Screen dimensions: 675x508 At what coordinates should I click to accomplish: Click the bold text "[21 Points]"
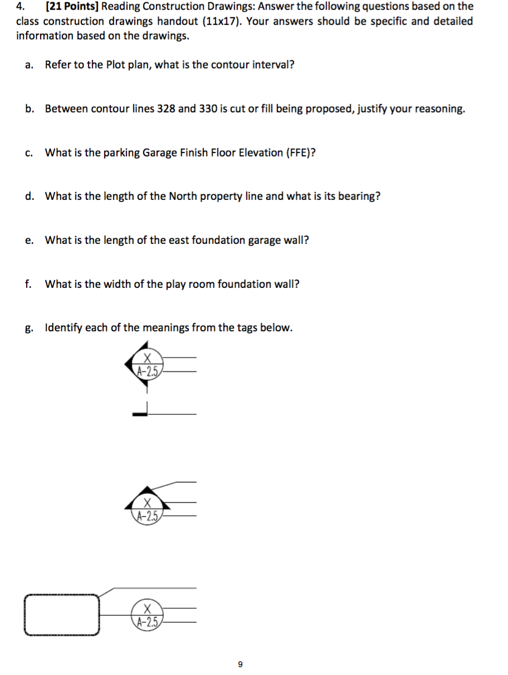72,7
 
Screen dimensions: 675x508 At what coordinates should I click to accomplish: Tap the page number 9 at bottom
240,664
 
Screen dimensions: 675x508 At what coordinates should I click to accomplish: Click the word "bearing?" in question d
360,196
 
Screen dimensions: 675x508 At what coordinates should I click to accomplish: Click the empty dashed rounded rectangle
62,615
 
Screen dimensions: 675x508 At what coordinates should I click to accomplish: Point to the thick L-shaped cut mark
143,410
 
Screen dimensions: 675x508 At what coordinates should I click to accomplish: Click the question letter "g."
29,328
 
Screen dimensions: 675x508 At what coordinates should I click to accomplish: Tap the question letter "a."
29,65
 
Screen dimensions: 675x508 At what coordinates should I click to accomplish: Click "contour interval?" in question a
256,65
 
